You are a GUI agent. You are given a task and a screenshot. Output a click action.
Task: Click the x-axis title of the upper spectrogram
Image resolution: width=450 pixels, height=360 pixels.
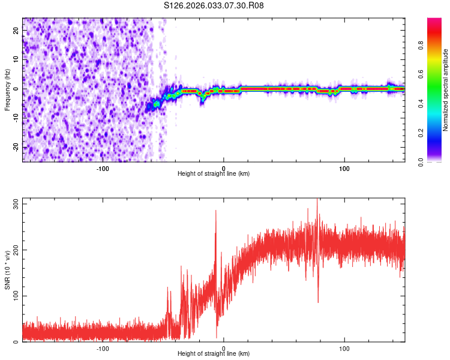(214, 173)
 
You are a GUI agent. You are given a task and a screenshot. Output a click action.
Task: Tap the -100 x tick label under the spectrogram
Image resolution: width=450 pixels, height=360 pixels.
(103, 168)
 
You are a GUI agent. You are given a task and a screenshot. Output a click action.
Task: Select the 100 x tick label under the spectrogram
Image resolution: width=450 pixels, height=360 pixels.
(344, 168)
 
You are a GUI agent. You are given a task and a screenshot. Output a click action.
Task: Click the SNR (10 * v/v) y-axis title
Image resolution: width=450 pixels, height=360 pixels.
(7, 270)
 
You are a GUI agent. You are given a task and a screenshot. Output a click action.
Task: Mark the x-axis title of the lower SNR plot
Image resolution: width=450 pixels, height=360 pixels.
(214, 353)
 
